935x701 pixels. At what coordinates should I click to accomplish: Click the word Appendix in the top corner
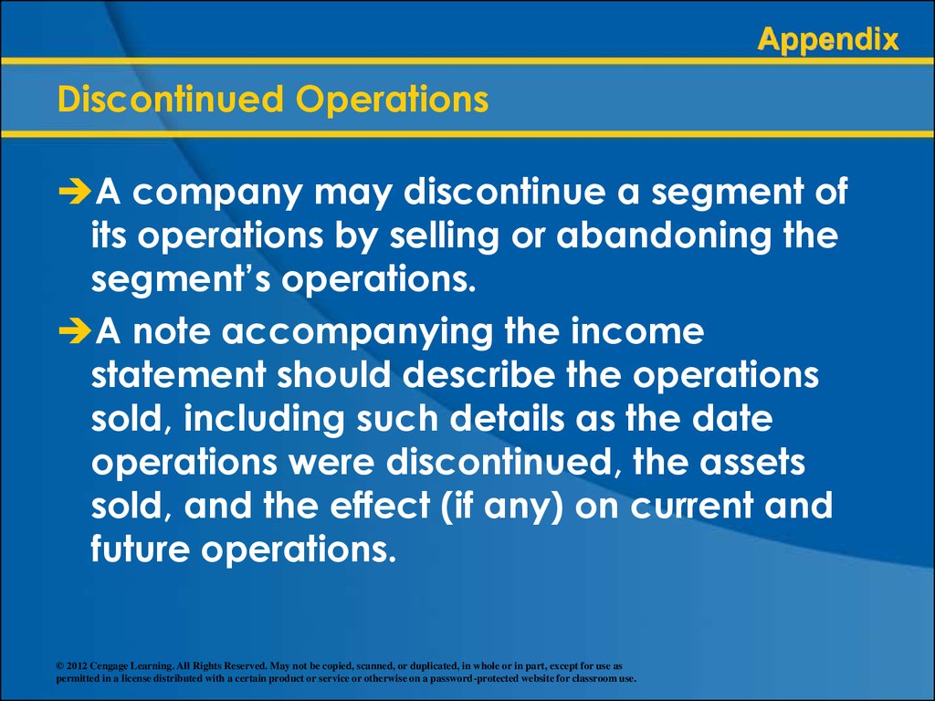click(827, 40)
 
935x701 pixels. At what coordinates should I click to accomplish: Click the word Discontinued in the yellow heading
click(171, 99)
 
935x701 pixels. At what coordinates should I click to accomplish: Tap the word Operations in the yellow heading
click(393, 99)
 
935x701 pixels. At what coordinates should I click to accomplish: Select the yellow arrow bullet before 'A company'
click(75, 192)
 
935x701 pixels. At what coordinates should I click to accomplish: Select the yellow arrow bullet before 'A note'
click(75, 331)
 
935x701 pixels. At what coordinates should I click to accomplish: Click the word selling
click(445, 236)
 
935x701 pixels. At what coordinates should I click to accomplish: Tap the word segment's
click(182, 279)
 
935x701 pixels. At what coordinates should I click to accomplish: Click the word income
click(637, 330)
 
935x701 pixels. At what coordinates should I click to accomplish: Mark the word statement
click(178, 375)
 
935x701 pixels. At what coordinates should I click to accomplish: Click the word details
click(507, 418)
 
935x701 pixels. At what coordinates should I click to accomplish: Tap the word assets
click(752, 463)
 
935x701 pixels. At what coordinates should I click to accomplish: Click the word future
click(140, 549)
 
